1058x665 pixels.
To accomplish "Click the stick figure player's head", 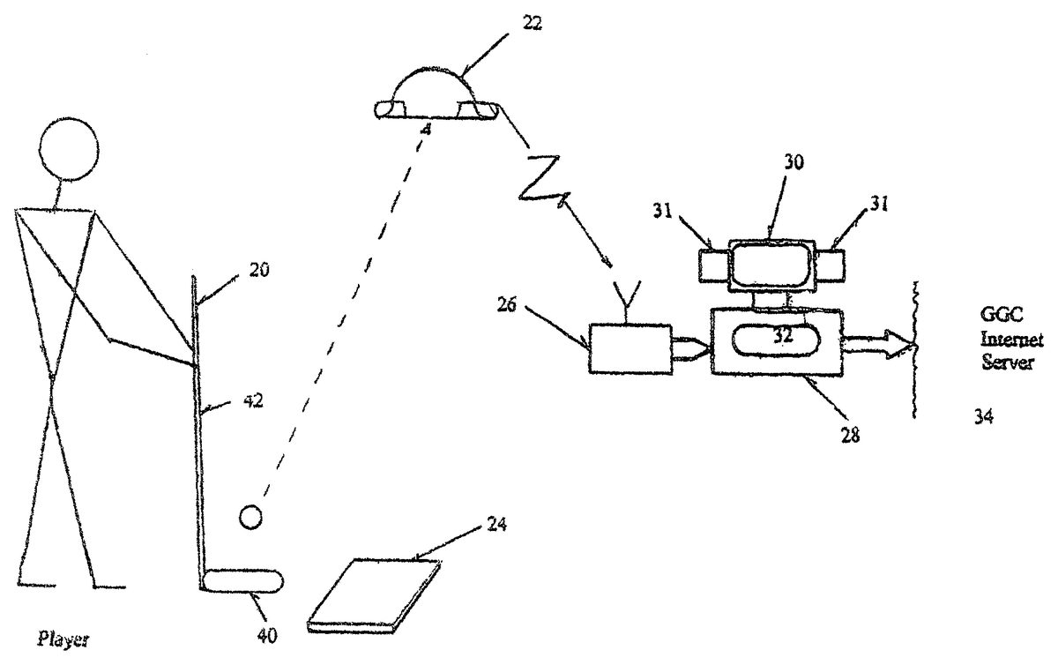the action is point(69,149).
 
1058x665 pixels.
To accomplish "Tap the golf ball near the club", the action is point(250,517).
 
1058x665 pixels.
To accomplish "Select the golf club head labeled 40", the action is point(242,580).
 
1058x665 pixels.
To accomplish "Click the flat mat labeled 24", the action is point(374,595).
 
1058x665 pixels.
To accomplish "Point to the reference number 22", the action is point(532,23).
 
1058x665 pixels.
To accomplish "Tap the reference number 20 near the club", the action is point(259,270).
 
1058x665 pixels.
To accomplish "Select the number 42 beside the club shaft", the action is point(253,401).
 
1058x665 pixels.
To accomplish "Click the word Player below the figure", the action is point(63,640).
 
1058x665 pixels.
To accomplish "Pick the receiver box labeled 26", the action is point(630,348).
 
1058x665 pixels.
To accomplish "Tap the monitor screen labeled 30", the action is point(771,265).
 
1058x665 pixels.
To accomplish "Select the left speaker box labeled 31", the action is point(714,266).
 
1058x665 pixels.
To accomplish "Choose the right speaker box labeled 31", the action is point(829,265).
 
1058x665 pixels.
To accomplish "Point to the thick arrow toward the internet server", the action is point(877,344).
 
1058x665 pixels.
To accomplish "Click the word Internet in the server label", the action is point(1012,340).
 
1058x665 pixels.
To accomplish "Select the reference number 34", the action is point(983,416).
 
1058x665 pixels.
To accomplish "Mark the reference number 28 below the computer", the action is point(850,435).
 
